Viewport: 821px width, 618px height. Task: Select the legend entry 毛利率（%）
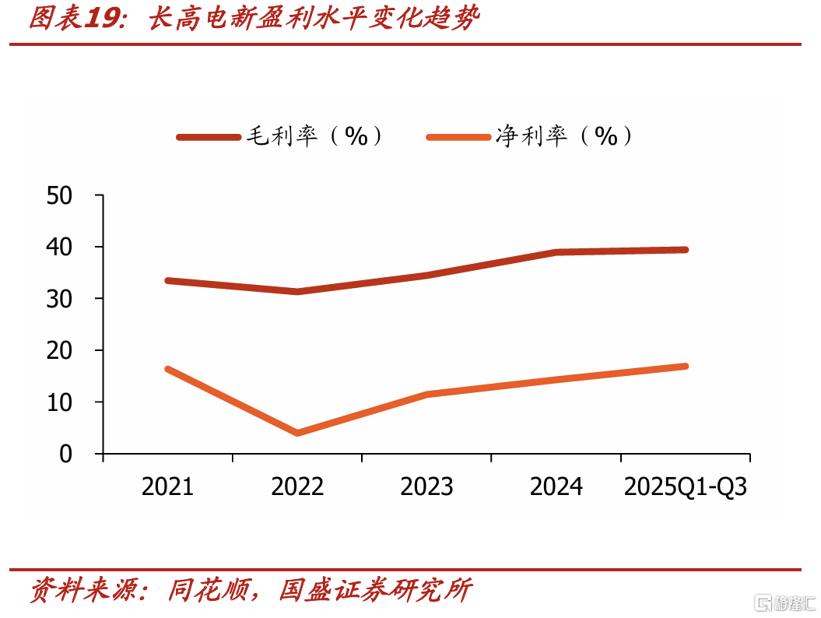[x=280, y=136]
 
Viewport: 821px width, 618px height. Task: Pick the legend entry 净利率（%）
[x=530, y=136]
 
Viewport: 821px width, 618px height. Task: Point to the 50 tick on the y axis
[x=59, y=196]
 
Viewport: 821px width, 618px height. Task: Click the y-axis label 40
[x=59, y=248]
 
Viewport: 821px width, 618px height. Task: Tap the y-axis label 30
[x=59, y=299]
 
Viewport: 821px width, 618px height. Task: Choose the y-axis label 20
[x=59, y=350]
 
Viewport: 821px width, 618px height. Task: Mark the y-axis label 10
[x=59, y=402]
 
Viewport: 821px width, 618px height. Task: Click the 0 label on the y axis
[x=66, y=454]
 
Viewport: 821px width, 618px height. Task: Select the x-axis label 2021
[x=167, y=486]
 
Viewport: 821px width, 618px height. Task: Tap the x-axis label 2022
[x=297, y=486]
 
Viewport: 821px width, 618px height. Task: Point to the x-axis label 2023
[x=426, y=486]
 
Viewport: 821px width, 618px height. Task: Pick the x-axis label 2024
[x=556, y=486]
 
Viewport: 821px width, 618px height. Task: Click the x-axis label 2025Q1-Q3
[x=686, y=486]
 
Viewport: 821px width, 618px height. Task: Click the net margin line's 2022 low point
[x=297, y=433]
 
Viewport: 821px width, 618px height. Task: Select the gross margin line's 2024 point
[x=556, y=252]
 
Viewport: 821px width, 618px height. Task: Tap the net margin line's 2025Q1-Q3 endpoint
[x=686, y=366]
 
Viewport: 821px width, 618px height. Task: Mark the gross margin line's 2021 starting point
[x=167, y=281]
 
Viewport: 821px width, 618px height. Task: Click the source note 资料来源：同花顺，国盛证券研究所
[x=251, y=590]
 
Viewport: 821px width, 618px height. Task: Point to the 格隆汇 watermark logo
[x=785, y=603]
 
